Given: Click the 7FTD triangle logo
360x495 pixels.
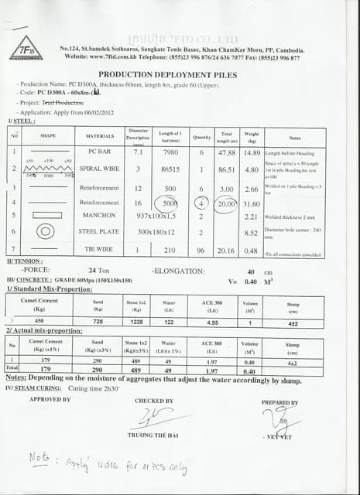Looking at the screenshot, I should (26, 47).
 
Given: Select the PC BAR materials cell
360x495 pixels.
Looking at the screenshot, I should (101, 152).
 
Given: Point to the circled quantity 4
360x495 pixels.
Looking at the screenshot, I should (201, 203).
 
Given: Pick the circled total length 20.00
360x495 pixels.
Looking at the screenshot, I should (228, 203).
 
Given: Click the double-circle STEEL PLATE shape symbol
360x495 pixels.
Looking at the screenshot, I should (46, 231).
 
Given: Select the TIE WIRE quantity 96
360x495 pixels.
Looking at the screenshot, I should (201, 250).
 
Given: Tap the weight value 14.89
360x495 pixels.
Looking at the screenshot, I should (252, 152).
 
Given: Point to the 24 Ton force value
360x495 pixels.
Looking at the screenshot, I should (99, 271).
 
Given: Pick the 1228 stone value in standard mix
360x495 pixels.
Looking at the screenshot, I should (135, 321).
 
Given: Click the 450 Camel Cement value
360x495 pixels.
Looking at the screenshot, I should (39, 321).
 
